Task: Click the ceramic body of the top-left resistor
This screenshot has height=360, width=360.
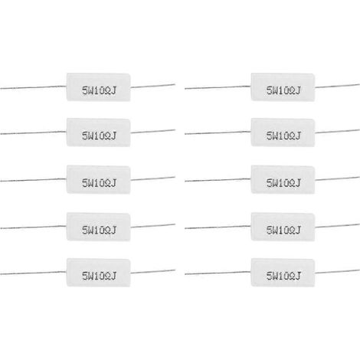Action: coord(99,87)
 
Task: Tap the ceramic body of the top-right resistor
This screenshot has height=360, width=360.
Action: coord(283,87)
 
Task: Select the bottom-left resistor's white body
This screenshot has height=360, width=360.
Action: coord(99,273)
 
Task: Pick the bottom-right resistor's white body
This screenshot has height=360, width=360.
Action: coord(283,273)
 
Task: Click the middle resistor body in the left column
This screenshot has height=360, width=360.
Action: coord(99,179)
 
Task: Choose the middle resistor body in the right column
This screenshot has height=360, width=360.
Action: coord(283,179)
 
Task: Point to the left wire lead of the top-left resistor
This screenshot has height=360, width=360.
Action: coord(33,87)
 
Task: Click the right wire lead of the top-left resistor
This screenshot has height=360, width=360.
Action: coord(153,86)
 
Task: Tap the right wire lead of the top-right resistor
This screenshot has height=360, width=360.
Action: coord(337,86)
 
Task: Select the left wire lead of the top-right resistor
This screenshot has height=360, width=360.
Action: coord(218,87)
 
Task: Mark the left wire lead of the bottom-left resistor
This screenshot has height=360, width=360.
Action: coord(33,273)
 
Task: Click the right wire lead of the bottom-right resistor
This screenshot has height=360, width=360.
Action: coord(337,271)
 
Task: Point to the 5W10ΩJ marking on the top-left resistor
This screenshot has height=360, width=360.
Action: coord(99,90)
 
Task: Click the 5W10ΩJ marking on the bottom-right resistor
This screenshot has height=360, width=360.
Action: coord(283,276)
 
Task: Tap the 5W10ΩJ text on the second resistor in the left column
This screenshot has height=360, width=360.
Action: coord(99,136)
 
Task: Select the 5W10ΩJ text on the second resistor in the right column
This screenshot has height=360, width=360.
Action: coord(283,136)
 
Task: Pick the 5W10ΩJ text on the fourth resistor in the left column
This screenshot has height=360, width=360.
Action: coord(99,230)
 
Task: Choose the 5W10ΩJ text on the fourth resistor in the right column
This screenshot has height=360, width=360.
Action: coord(283,230)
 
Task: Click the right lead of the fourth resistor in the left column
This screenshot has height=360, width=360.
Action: coord(153,226)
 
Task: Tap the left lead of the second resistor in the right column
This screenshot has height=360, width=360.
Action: coord(218,133)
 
